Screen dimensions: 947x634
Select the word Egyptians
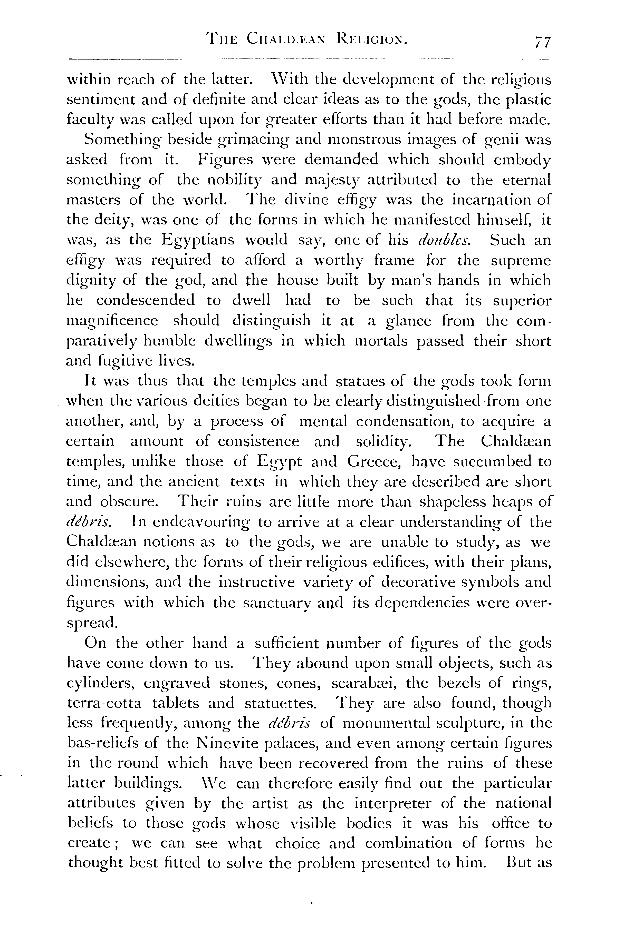198,240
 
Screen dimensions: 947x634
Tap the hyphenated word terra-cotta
104,703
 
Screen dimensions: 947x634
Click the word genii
501,140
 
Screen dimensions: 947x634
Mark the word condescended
145,301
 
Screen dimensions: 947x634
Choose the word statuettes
280,703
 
